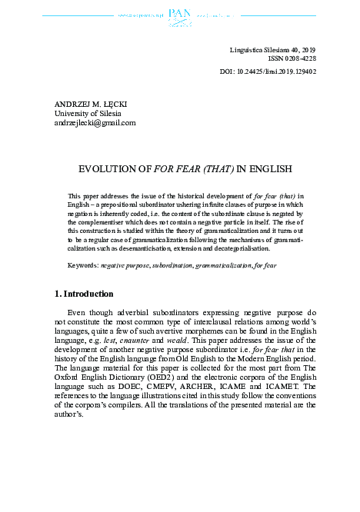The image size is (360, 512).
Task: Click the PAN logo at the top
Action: coord(178,14)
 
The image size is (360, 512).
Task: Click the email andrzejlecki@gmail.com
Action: coord(95,122)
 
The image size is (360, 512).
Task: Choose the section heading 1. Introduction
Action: coord(84,294)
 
